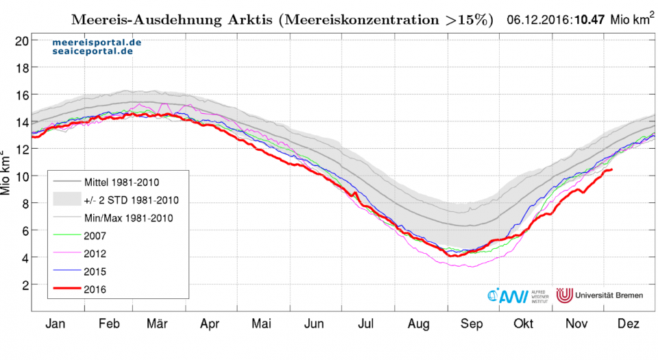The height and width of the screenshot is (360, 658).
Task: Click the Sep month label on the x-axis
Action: (x=470, y=324)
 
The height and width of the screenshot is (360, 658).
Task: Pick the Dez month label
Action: (x=628, y=324)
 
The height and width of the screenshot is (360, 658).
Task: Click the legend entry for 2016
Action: (x=96, y=289)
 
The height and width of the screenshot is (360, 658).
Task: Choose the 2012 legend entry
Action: (x=96, y=253)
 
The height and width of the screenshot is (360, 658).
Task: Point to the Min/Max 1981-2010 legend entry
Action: (x=127, y=217)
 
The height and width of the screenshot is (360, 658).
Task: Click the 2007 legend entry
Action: (x=96, y=235)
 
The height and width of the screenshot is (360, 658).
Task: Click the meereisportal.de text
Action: (x=97, y=43)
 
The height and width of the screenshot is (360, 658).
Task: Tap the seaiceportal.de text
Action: (x=93, y=51)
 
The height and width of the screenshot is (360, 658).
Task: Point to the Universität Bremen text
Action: (x=611, y=295)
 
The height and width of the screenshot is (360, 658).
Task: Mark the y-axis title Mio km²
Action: (x=8, y=174)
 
